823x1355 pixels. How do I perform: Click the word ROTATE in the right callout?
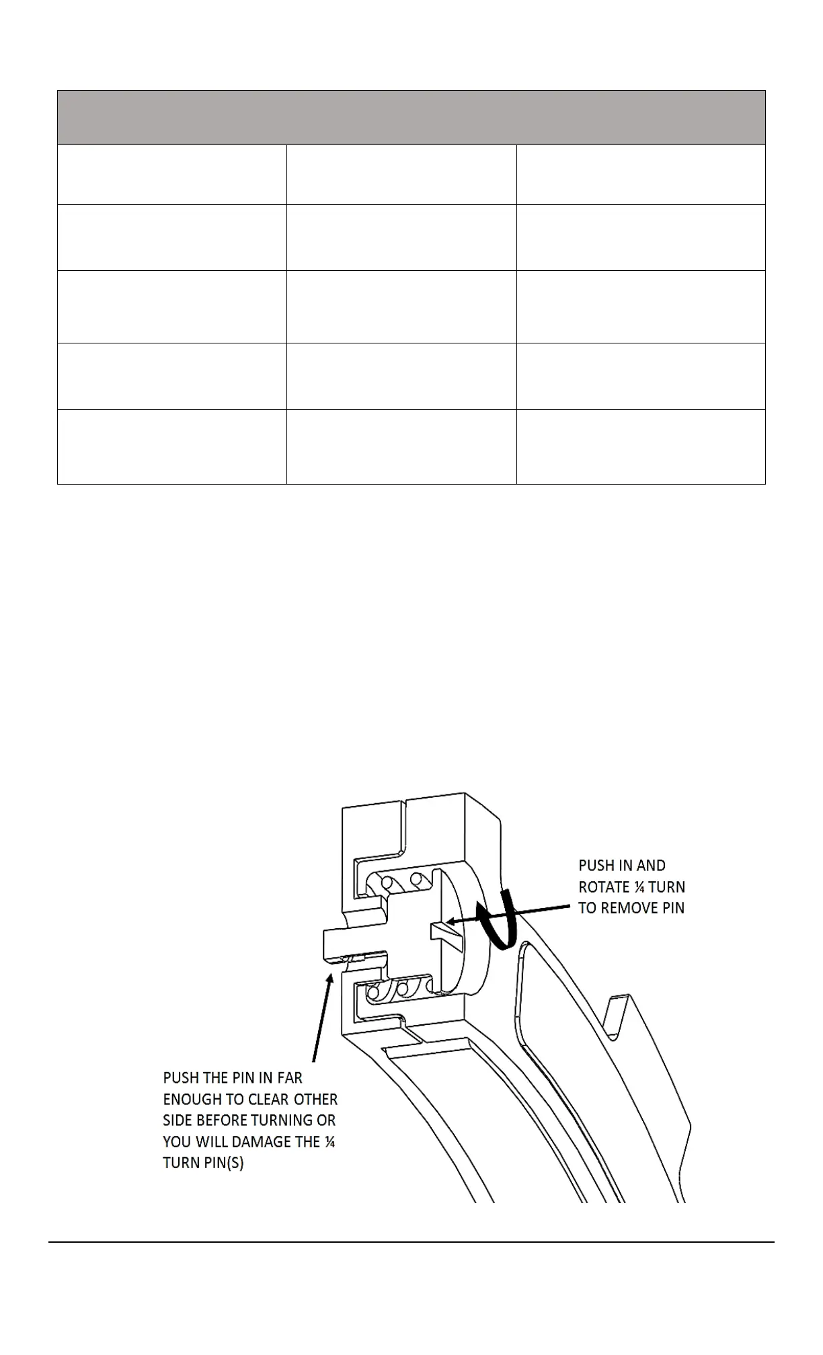click(602, 887)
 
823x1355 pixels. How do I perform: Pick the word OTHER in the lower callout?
click(316, 1100)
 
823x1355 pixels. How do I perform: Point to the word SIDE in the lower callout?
click(177, 1120)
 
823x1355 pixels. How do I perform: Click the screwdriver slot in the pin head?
click(445, 935)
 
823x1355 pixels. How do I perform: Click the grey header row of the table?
click(411, 118)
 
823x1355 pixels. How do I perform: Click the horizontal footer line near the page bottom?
click(411, 1242)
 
